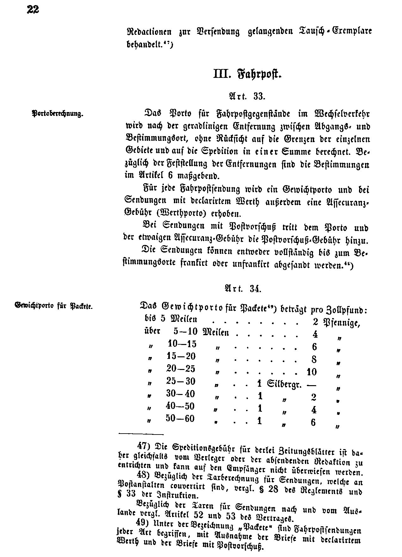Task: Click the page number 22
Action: tap(33, 10)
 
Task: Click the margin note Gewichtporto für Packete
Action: tap(53, 306)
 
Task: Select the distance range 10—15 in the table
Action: tap(182, 344)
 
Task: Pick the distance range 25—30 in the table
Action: tap(181, 381)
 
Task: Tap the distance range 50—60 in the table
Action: tap(180, 419)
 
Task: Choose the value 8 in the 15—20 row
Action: tap(314, 360)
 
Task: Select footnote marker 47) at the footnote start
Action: tap(143, 446)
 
